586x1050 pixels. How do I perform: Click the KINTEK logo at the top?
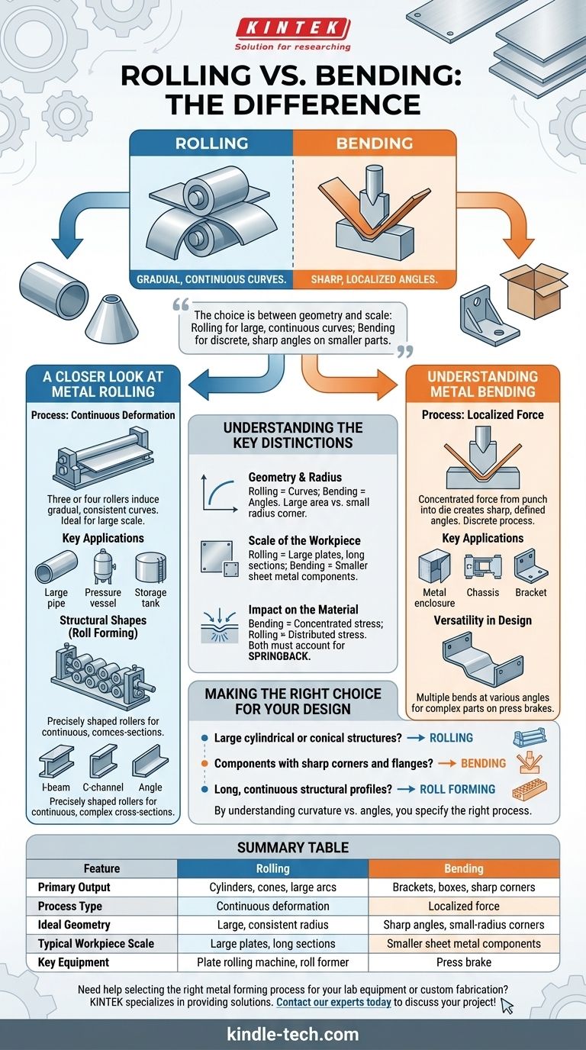click(293, 29)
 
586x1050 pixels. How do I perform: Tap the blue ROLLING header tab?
click(211, 143)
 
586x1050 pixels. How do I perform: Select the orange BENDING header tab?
click(374, 143)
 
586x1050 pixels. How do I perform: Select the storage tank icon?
click(150, 568)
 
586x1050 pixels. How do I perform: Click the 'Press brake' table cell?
click(464, 962)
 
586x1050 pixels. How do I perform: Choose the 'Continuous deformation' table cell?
click(272, 906)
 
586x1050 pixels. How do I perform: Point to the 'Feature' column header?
click(101, 868)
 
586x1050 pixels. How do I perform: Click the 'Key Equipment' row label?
click(73, 962)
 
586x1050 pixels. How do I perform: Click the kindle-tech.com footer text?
click(293, 1034)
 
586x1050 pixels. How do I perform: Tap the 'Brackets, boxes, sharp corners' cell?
click(464, 887)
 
